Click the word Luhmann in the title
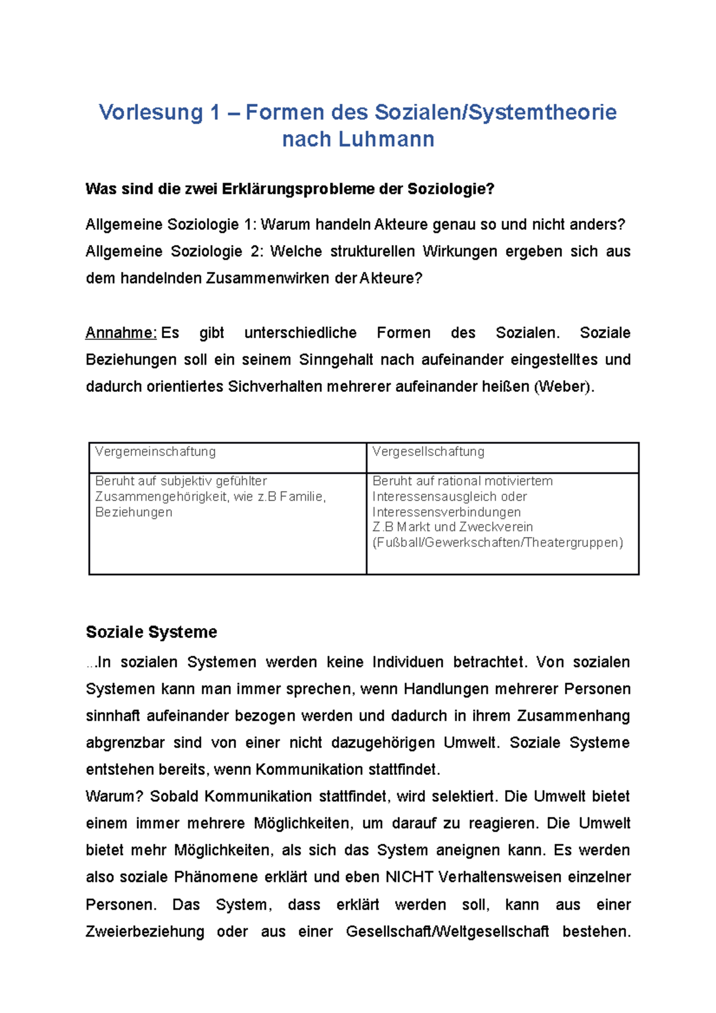[x=386, y=139]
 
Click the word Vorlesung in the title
[x=151, y=112]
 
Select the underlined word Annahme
[x=121, y=332]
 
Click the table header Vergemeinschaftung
[x=155, y=452]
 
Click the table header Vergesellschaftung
[x=428, y=452]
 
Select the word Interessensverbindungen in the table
[x=446, y=512]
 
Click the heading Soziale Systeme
[x=152, y=632]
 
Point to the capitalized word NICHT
[x=409, y=877]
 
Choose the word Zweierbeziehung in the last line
[x=145, y=931]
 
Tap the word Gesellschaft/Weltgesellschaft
[x=447, y=931]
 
